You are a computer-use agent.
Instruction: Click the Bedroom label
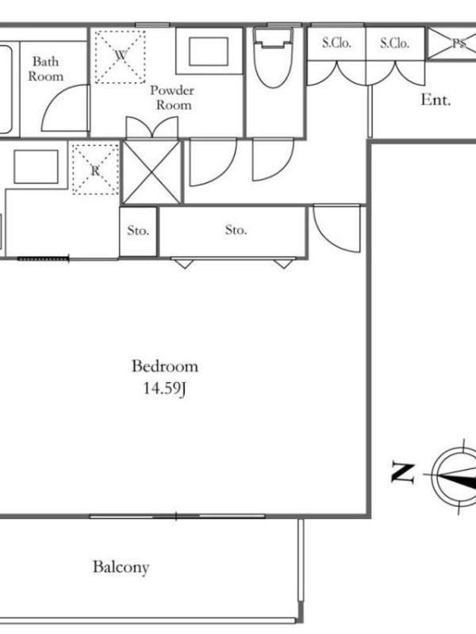(165, 366)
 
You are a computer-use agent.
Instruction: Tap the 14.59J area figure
(164, 388)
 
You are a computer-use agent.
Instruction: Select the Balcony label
(121, 567)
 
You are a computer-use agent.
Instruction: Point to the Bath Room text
(46, 69)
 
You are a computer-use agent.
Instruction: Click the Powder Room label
(172, 97)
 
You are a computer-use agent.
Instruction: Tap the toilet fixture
(273, 56)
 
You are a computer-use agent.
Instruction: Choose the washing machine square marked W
(121, 56)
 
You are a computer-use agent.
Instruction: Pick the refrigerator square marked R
(95, 170)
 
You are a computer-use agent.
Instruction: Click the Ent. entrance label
(436, 100)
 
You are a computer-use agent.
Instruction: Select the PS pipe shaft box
(451, 43)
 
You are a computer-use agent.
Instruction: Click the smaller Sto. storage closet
(138, 231)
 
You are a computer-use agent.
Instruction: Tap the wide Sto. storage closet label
(236, 230)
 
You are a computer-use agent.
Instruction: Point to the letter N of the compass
(403, 473)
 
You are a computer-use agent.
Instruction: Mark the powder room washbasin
(209, 51)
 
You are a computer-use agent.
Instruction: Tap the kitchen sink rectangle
(36, 166)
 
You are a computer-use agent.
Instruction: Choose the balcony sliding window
(177, 517)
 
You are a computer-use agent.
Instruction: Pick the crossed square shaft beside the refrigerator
(152, 172)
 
